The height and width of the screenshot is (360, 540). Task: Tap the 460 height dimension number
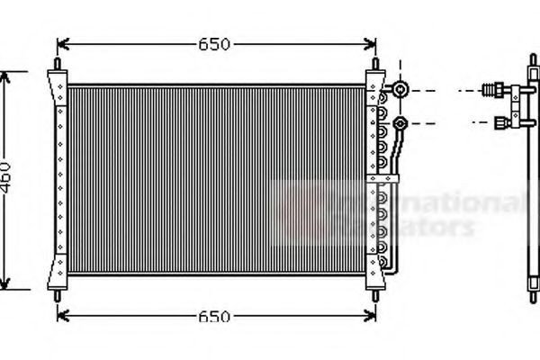tap(6, 181)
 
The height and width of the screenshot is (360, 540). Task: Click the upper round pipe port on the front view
tap(401, 90)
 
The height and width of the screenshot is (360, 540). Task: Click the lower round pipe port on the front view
tap(401, 121)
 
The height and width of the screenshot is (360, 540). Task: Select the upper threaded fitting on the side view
tap(496, 90)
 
